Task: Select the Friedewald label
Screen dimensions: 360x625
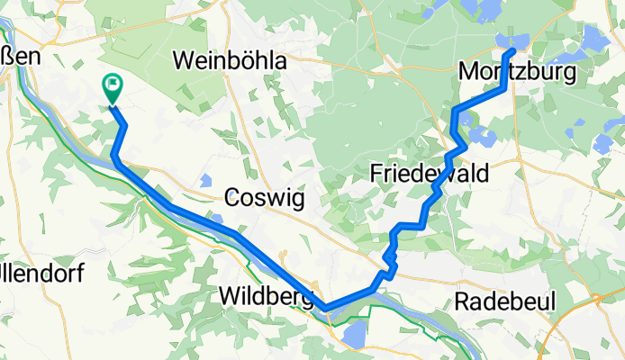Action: [429, 174]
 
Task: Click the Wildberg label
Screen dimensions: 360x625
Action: [264, 295]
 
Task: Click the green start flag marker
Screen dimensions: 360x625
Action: [113, 88]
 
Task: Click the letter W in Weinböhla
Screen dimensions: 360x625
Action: [183, 61]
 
